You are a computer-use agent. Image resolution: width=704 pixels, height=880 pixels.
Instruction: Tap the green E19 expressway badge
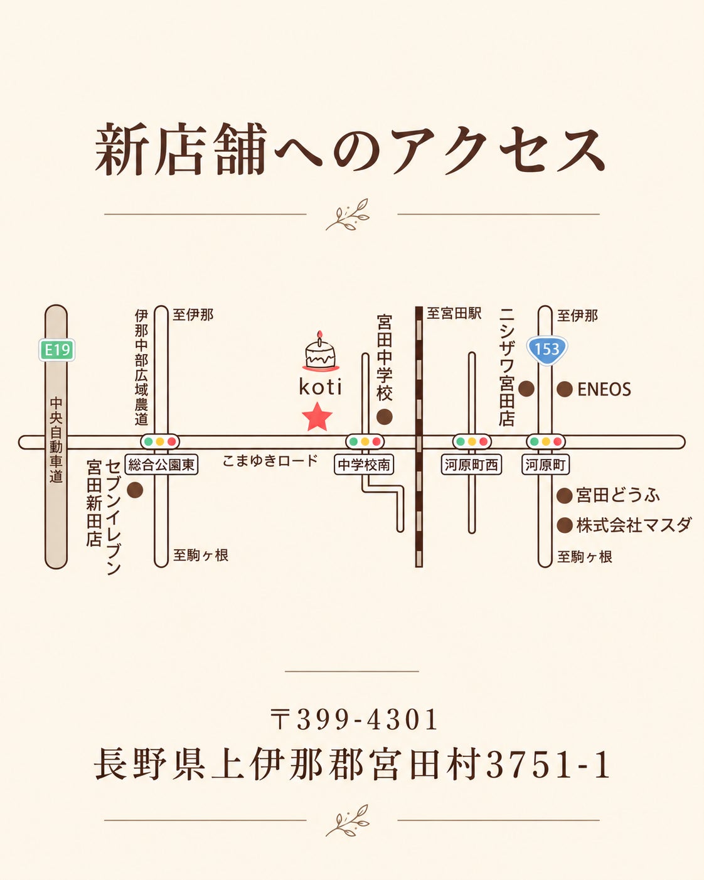point(57,350)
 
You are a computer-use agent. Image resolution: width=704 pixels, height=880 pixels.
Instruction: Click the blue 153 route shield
point(547,349)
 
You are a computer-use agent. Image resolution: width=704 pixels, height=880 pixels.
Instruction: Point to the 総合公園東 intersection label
point(161,464)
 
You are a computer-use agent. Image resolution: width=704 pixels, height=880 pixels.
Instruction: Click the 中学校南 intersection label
point(364,464)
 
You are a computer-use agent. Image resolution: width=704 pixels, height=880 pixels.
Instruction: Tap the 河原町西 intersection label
point(471,464)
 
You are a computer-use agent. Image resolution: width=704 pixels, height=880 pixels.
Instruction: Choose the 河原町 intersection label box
point(545,464)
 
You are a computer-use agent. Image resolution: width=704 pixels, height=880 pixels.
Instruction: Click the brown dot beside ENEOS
point(565,389)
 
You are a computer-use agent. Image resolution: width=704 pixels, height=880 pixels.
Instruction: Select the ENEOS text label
point(604,389)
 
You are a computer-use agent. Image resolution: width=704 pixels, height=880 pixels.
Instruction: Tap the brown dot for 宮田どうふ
point(565,495)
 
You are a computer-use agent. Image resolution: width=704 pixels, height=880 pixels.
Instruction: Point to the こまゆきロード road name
point(270,461)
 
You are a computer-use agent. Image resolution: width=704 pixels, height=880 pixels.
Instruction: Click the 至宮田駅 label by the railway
point(454,314)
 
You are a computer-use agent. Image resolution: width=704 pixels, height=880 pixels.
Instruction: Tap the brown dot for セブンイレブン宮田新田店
point(135,490)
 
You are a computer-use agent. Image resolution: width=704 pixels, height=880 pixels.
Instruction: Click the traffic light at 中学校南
point(365,442)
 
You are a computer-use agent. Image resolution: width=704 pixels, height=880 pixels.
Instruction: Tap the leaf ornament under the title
point(347,214)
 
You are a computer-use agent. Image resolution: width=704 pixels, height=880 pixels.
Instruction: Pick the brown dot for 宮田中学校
point(384,417)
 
